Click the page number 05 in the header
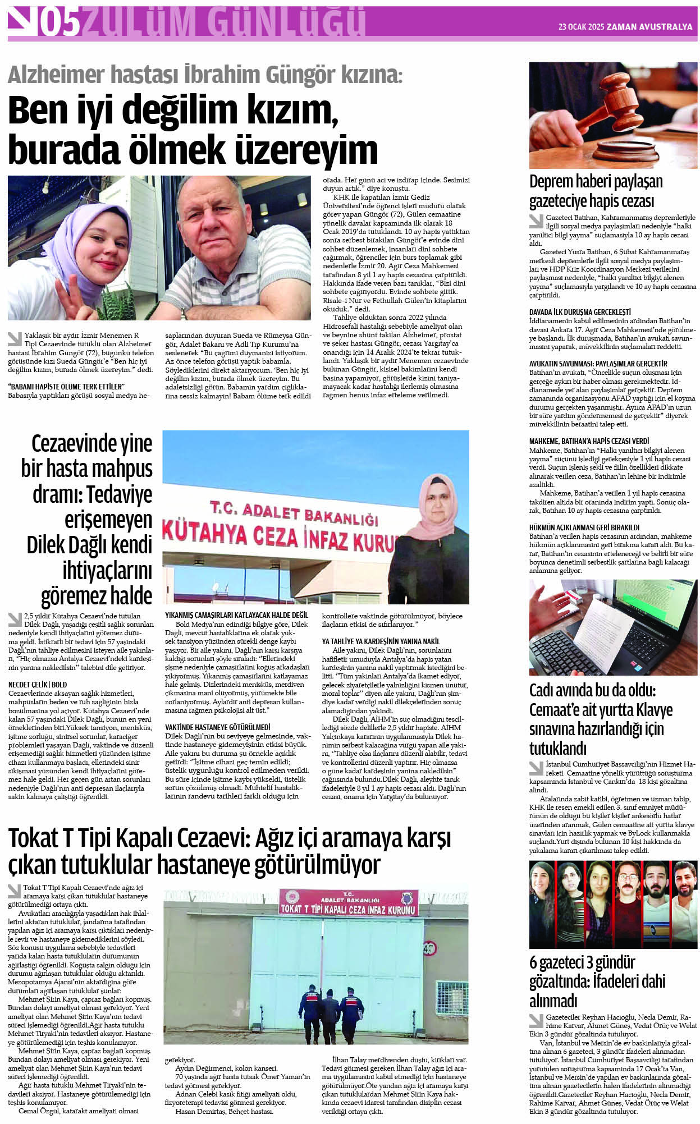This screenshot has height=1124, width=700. (58, 23)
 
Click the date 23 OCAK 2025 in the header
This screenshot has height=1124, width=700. (580, 26)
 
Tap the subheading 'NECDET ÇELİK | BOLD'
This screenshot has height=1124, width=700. (38, 684)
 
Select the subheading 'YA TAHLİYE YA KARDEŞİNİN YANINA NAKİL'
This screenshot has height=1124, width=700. (381, 641)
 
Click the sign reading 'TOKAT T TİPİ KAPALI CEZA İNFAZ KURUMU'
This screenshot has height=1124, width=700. (348, 909)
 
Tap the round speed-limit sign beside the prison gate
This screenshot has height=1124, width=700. (429, 948)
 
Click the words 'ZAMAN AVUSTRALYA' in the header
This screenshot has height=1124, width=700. (650, 26)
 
